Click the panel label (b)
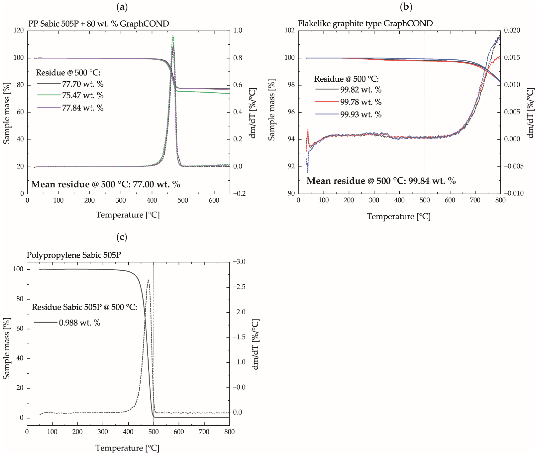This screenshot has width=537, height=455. click(x=406, y=7)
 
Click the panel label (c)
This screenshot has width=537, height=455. click(x=122, y=237)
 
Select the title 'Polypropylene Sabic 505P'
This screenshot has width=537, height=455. click(x=74, y=255)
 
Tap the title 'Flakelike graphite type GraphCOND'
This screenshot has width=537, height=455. click(x=365, y=23)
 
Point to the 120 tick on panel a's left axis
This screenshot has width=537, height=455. click(x=19, y=30)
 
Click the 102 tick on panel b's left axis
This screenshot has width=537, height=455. click(x=289, y=30)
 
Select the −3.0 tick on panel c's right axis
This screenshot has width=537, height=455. click(x=239, y=262)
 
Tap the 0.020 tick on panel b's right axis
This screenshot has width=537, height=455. click(x=512, y=30)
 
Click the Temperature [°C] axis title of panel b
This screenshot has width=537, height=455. click(x=399, y=216)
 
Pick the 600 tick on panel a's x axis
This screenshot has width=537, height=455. click(x=214, y=200)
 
